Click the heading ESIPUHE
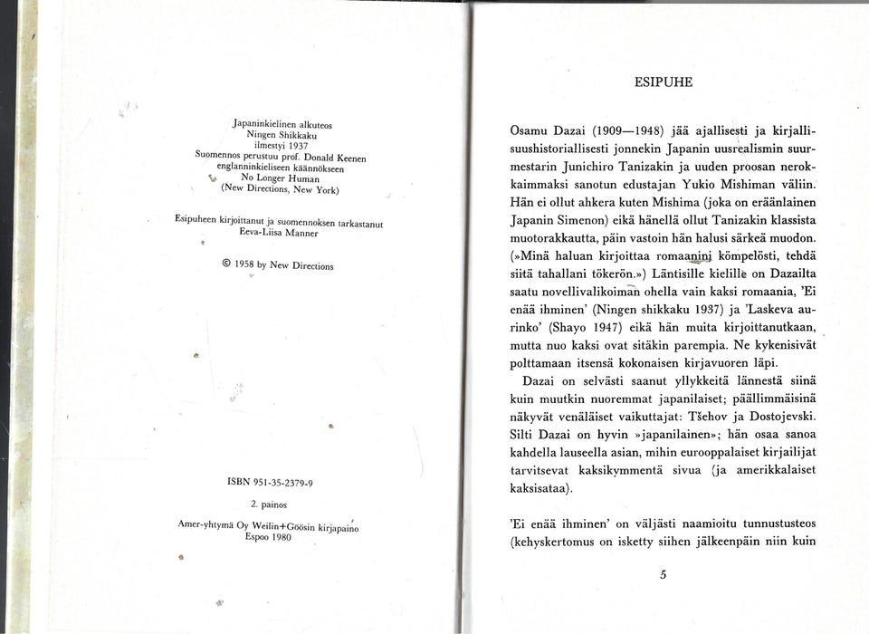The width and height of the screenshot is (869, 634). [x=664, y=82]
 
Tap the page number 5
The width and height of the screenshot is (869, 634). [x=664, y=573]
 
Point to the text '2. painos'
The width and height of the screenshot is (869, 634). [x=269, y=504]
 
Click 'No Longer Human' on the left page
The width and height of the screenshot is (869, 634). [x=274, y=178]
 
